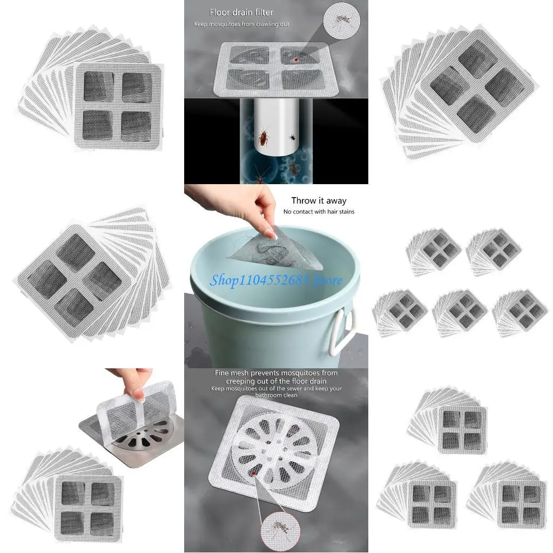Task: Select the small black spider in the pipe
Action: (292, 138)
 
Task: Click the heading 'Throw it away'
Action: (319, 201)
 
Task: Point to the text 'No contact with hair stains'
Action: (319, 212)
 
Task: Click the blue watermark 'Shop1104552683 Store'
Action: (276, 280)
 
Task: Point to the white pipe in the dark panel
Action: (275, 130)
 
